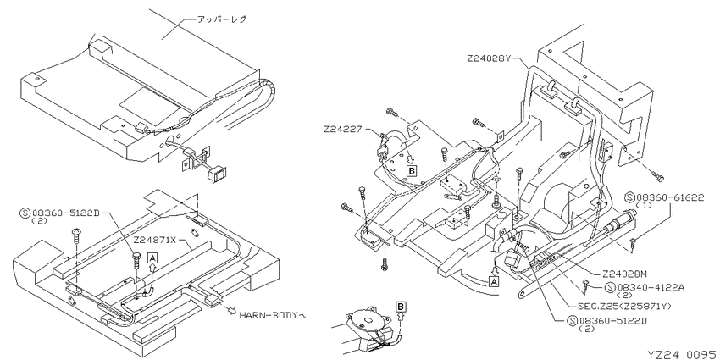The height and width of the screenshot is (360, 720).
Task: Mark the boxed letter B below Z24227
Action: (x=412, y=169)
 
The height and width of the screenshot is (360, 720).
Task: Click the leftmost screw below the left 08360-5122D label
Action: (x=78, y=232)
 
